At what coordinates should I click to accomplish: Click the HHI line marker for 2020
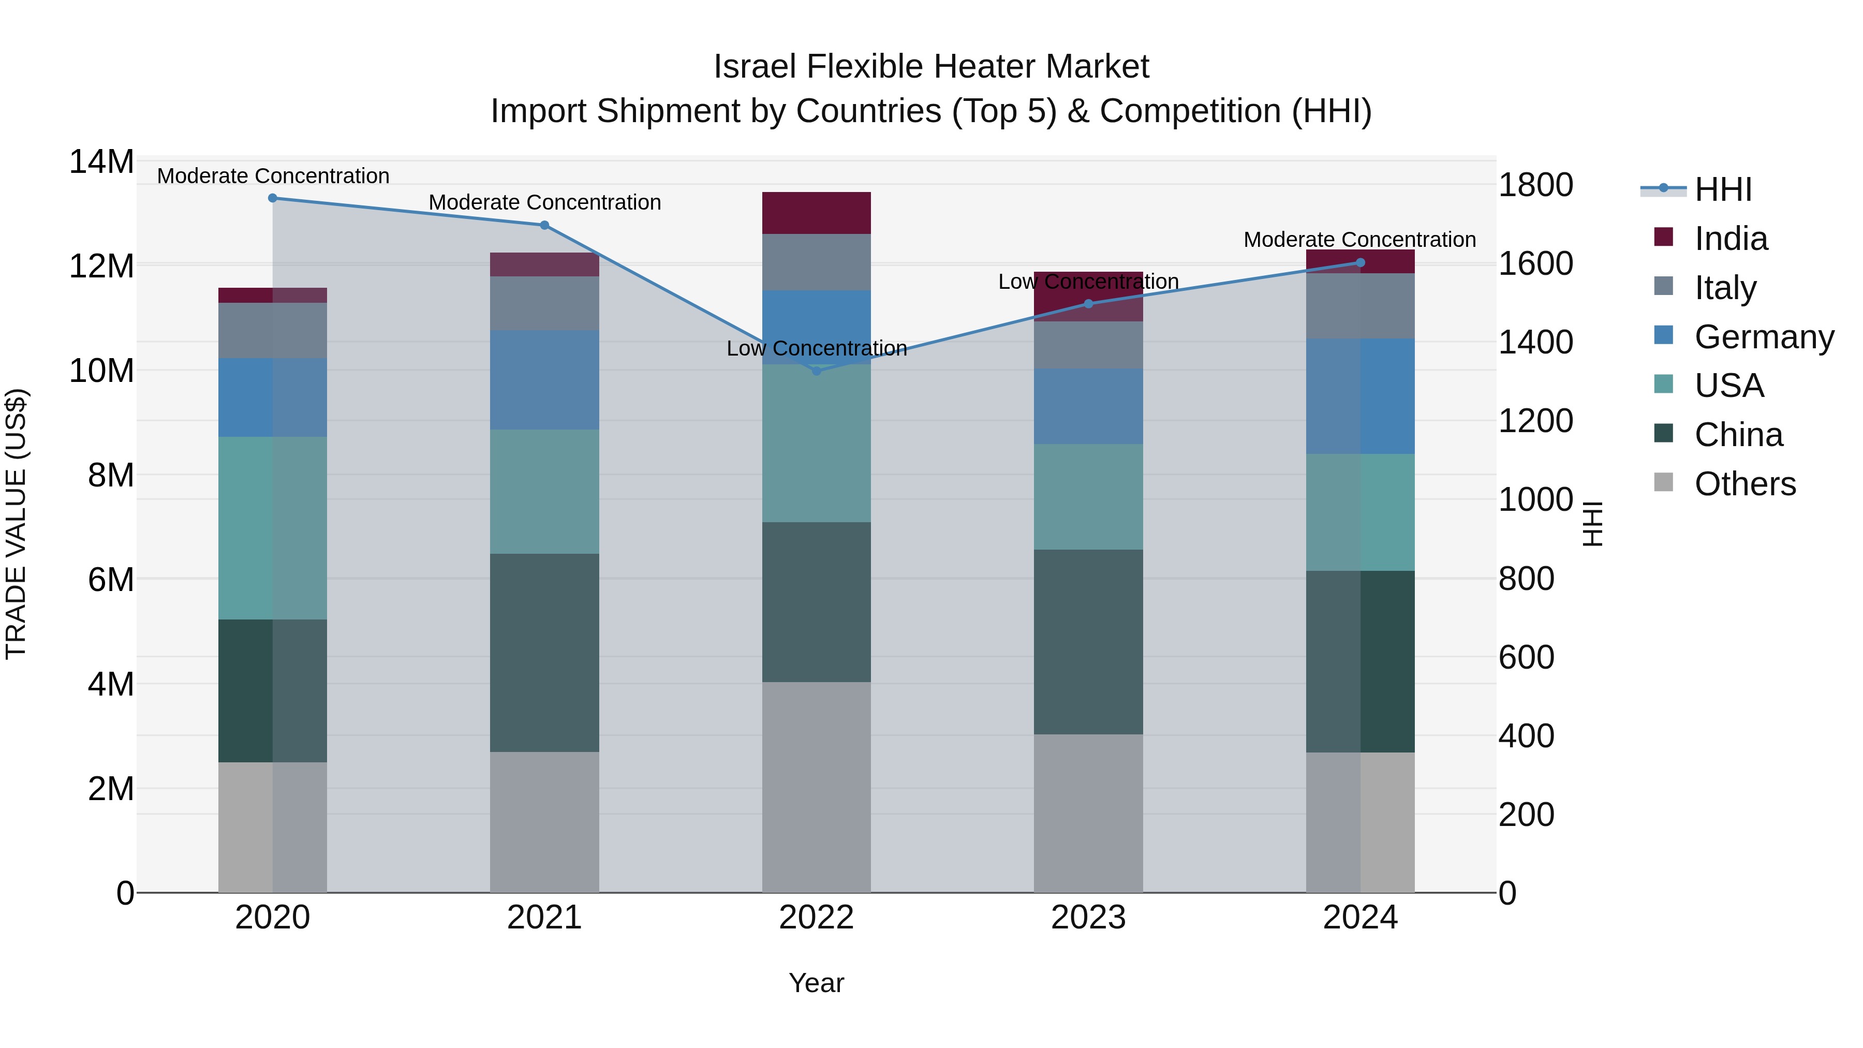[x=273, y=198]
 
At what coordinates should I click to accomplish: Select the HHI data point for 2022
[x=817, y=371]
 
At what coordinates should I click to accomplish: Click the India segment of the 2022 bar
[x=817, y=213]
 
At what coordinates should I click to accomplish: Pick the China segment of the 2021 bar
[x=544, y=653]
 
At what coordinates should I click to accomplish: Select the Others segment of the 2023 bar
[x=1088, y=813]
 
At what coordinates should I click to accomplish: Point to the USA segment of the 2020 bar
[x=273, y=528]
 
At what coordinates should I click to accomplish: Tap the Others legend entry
[x=1744, y=484]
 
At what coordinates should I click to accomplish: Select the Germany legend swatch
[x=1663, y=335]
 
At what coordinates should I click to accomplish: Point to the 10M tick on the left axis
[x=101, y=371]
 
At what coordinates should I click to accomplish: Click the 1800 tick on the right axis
[x=1535, y=185]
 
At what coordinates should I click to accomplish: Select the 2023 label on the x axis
[x=1088, y=918]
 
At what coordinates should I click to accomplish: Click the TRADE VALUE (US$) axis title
[x=17, y=524]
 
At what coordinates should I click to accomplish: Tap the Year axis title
[x=817, y=983]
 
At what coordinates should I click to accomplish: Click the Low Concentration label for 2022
[x=817, y=349]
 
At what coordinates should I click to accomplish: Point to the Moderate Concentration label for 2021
[x=544, y=202]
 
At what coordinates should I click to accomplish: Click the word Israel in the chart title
[x=755, y=67]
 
